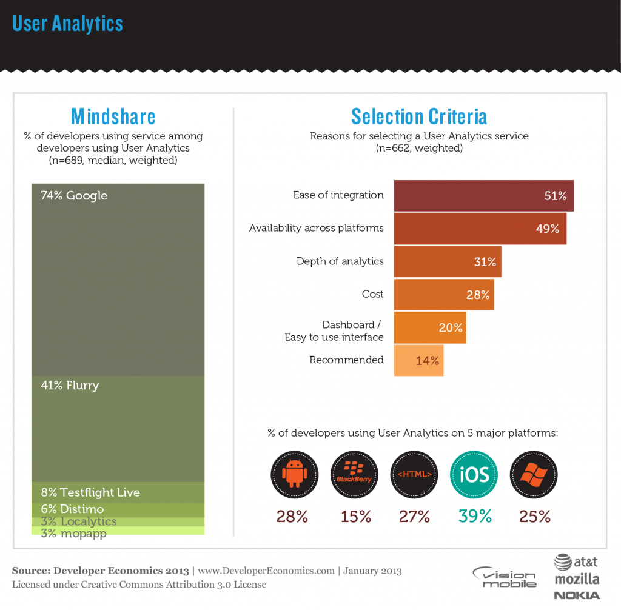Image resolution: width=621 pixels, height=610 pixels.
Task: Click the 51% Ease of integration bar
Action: point(483,196)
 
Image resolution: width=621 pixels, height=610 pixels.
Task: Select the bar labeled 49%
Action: point(480,229)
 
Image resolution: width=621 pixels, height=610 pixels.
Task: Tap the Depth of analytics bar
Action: point(447,261)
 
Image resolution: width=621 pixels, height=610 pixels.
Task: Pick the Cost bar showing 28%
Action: point(443,294)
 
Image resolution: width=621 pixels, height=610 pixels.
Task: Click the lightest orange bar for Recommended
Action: point(418,360)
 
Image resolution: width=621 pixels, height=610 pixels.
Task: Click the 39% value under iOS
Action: point(475,517)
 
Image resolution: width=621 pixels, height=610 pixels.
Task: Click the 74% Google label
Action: point(74,196)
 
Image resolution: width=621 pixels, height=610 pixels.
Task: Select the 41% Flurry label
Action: point(70,386)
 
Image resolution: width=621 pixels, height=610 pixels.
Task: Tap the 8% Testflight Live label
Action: point(90,492)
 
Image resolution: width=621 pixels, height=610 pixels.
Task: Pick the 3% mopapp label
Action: point(73,534)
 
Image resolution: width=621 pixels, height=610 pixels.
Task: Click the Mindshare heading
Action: point(113,116)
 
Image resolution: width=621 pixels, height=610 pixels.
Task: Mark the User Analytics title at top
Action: point(67,23)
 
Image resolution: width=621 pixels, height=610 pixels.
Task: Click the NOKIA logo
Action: point(577,595)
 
